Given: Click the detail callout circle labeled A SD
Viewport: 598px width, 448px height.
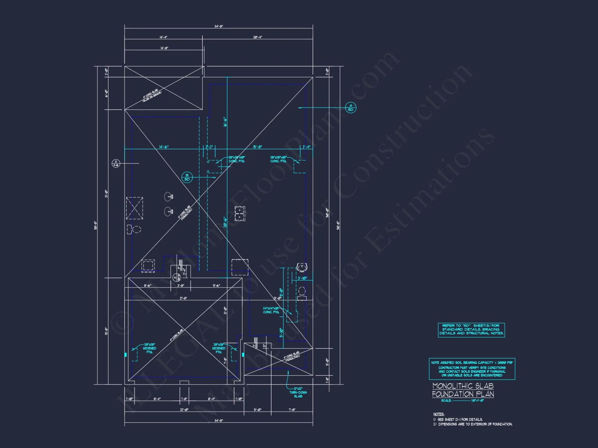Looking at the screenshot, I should coord(351,107).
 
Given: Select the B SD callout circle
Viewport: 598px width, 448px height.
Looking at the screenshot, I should coord(187,177).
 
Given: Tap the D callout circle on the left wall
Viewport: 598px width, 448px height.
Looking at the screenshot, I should coord(116,163).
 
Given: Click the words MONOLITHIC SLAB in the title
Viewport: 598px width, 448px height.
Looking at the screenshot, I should coord(463,386).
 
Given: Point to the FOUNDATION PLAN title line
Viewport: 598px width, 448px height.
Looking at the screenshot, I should coord(463,394).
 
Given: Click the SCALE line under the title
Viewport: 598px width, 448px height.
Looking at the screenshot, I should coord(462,401).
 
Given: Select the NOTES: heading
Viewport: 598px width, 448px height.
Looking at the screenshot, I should coord(439,414).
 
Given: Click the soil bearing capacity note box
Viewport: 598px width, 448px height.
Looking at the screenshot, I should coord(472,369).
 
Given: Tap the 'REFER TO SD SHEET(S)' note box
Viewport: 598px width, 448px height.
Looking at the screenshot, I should coord(471,330).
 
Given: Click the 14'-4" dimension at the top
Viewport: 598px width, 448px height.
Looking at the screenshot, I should coord(164,37).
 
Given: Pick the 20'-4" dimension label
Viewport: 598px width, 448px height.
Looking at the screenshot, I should coord(257,37).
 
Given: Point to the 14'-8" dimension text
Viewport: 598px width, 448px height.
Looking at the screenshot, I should coord(164,48).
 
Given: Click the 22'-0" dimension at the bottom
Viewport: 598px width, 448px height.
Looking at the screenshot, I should coord(184,410).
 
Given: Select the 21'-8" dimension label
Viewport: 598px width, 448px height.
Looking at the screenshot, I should coord(183,298).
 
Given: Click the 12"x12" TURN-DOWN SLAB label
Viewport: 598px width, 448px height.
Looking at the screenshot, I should coord(298,392).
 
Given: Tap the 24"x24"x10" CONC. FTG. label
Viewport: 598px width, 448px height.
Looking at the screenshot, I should coord(271,310).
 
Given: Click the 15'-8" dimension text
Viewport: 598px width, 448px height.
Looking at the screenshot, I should coord(257,147).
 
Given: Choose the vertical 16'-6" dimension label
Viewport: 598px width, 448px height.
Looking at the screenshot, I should coord(225,122).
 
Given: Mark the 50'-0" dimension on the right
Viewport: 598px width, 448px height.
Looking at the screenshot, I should coord(327,213).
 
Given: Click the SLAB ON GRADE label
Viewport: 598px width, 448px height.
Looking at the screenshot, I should coord(152,96).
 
